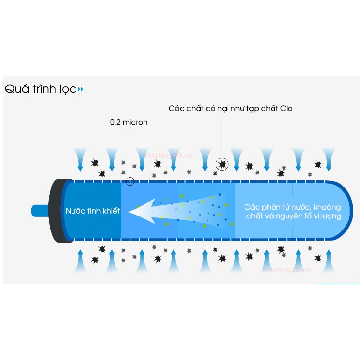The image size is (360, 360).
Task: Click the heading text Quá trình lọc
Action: [40, 89]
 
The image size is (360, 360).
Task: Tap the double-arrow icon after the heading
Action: [80, 89]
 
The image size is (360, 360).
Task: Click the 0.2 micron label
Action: [129, 122]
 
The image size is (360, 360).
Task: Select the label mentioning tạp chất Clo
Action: [230, 108]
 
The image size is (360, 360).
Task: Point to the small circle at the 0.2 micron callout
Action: [130, 182]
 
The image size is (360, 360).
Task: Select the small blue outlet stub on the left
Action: [39, 211]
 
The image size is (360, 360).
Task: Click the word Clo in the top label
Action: [287, 108]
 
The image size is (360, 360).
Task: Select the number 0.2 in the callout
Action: [115, 122]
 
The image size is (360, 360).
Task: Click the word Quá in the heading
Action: [15, 89]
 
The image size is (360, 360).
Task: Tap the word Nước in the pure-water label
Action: [75, 211]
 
